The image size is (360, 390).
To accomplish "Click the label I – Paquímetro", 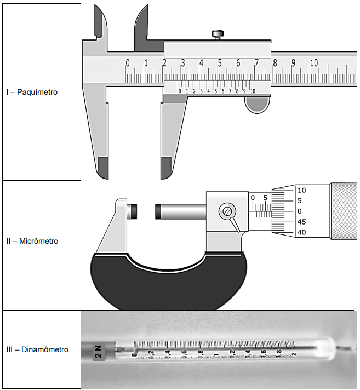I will click(32, 92).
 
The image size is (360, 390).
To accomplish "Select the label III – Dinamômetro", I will click(38, 349).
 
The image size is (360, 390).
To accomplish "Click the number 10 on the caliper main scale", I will click(313, 63).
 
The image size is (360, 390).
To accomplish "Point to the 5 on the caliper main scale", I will click(220, 63).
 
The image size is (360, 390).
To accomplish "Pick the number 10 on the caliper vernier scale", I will click(252, 91).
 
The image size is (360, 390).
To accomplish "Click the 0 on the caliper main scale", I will click(128, 63).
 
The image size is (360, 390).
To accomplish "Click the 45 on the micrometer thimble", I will click(301, 222).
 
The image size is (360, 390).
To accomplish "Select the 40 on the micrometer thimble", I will click(301, 232).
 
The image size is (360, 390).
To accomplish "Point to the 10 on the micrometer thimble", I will click(301, 190).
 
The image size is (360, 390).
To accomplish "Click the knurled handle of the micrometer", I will click(343, 211).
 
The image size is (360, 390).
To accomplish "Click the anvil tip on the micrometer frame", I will click(133, 211).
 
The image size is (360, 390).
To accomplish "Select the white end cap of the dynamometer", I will click(324, 348).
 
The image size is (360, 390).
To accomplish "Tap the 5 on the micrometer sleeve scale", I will click(265, 198).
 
